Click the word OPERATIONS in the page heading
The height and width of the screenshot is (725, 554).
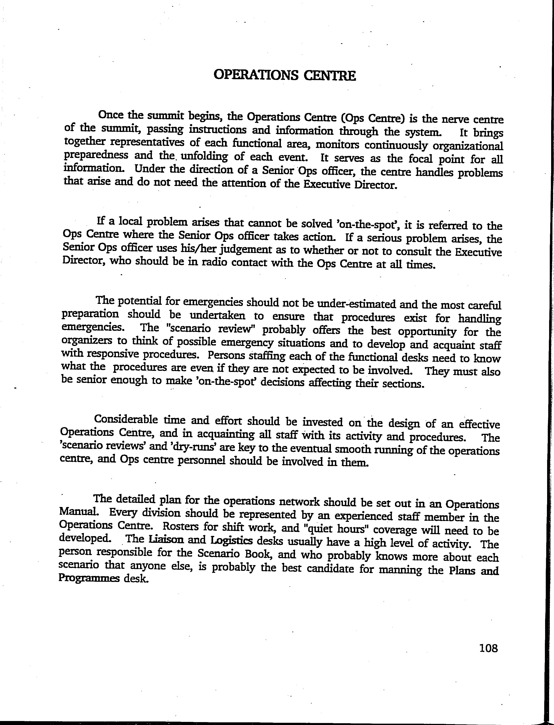256,76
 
